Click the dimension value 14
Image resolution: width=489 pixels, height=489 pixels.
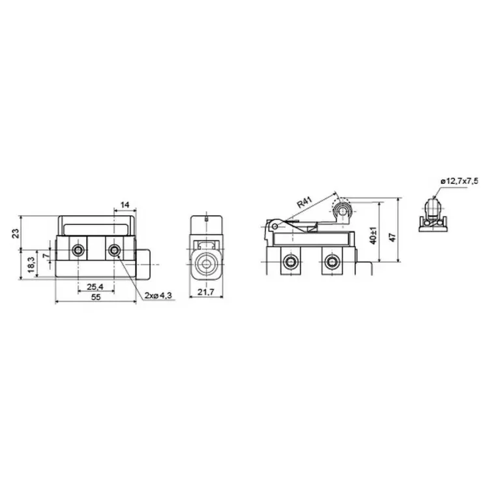125,205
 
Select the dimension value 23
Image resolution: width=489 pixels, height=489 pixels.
16,233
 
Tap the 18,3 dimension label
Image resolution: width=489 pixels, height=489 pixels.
31,265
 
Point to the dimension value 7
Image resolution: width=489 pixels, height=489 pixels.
46,256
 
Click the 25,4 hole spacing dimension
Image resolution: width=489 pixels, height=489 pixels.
95,286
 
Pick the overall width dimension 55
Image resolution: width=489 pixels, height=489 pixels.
96,297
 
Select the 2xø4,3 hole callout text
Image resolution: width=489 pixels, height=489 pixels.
158,295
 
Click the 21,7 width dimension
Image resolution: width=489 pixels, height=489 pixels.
206,292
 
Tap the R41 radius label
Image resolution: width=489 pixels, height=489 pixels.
304,202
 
